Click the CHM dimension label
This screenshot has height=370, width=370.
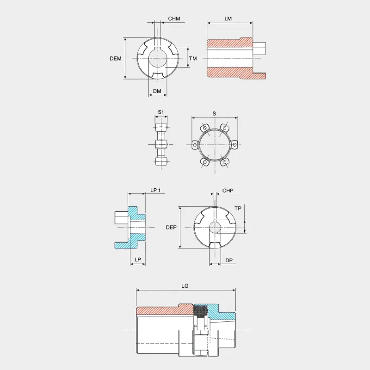pyautogui.click(x=174, y=18)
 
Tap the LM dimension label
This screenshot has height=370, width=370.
pyautogui.click(x=228, y=18)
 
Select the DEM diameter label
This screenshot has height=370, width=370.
pyautogui.click(x=116, y=59)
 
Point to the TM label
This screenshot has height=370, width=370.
pyautogui.click(x=193, y=58)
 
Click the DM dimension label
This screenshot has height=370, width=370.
pyautogui.click(x=157, y=91)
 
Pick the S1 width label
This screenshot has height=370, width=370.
pyautogui.click(x=161, y=112)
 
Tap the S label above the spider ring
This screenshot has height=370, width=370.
pyautogui.click(x=214, y=114)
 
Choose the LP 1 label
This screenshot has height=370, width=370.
pyautogui.click(x=155, y=190)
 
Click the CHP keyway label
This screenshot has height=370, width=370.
pyautogui.click(x=228, y=191)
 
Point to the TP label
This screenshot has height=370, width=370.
pyautogui.click(x=238, y=209)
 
